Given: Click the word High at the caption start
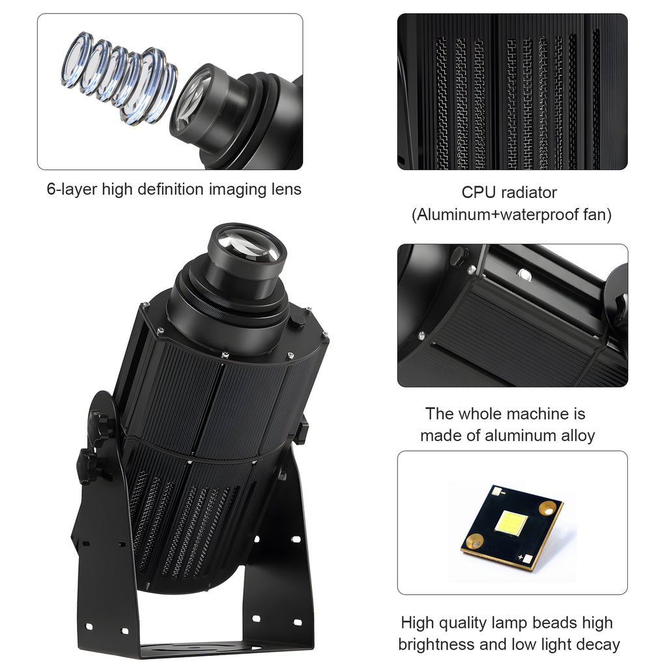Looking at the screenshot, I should [418, 623].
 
